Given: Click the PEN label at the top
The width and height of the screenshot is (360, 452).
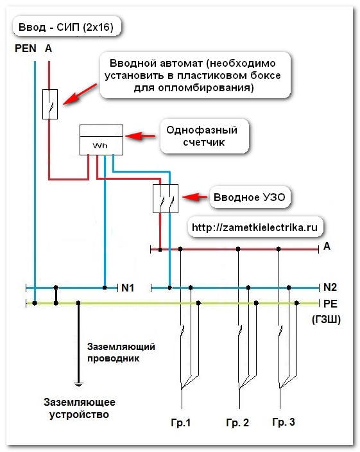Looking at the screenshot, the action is [26, 48].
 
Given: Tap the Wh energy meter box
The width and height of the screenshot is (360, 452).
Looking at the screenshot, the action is [101, 140].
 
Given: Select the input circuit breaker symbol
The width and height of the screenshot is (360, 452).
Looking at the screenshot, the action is [50, 104].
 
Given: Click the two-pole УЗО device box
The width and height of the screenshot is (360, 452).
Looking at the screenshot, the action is [166, 198].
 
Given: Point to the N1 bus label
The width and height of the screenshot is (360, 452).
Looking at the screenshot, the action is [128, 288].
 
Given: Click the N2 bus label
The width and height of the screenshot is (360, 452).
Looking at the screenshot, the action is [330, 287].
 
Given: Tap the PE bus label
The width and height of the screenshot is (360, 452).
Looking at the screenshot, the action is [330, 304].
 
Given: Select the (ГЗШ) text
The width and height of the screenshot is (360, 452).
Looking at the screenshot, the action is [326, 319].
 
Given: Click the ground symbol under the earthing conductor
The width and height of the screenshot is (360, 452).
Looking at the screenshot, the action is [78, 384].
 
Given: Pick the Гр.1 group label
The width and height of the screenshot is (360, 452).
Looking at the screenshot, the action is [180, 422].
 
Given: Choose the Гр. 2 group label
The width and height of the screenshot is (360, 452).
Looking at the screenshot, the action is [237, 422].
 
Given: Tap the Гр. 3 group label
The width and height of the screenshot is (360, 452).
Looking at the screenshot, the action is [284, 422].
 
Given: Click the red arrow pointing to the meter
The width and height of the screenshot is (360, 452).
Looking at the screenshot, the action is [141, 135].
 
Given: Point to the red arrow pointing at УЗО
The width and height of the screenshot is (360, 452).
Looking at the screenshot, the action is [194, 197].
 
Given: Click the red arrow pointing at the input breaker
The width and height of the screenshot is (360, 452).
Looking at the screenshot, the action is [80, 94].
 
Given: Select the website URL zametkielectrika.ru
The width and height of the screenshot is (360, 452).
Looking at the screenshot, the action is [255, 227].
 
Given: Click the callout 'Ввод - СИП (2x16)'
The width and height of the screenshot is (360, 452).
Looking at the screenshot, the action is [67, 27].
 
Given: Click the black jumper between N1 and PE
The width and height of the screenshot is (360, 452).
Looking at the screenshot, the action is [56, 295].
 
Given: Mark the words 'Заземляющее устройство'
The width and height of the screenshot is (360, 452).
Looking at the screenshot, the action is [79, 408].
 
